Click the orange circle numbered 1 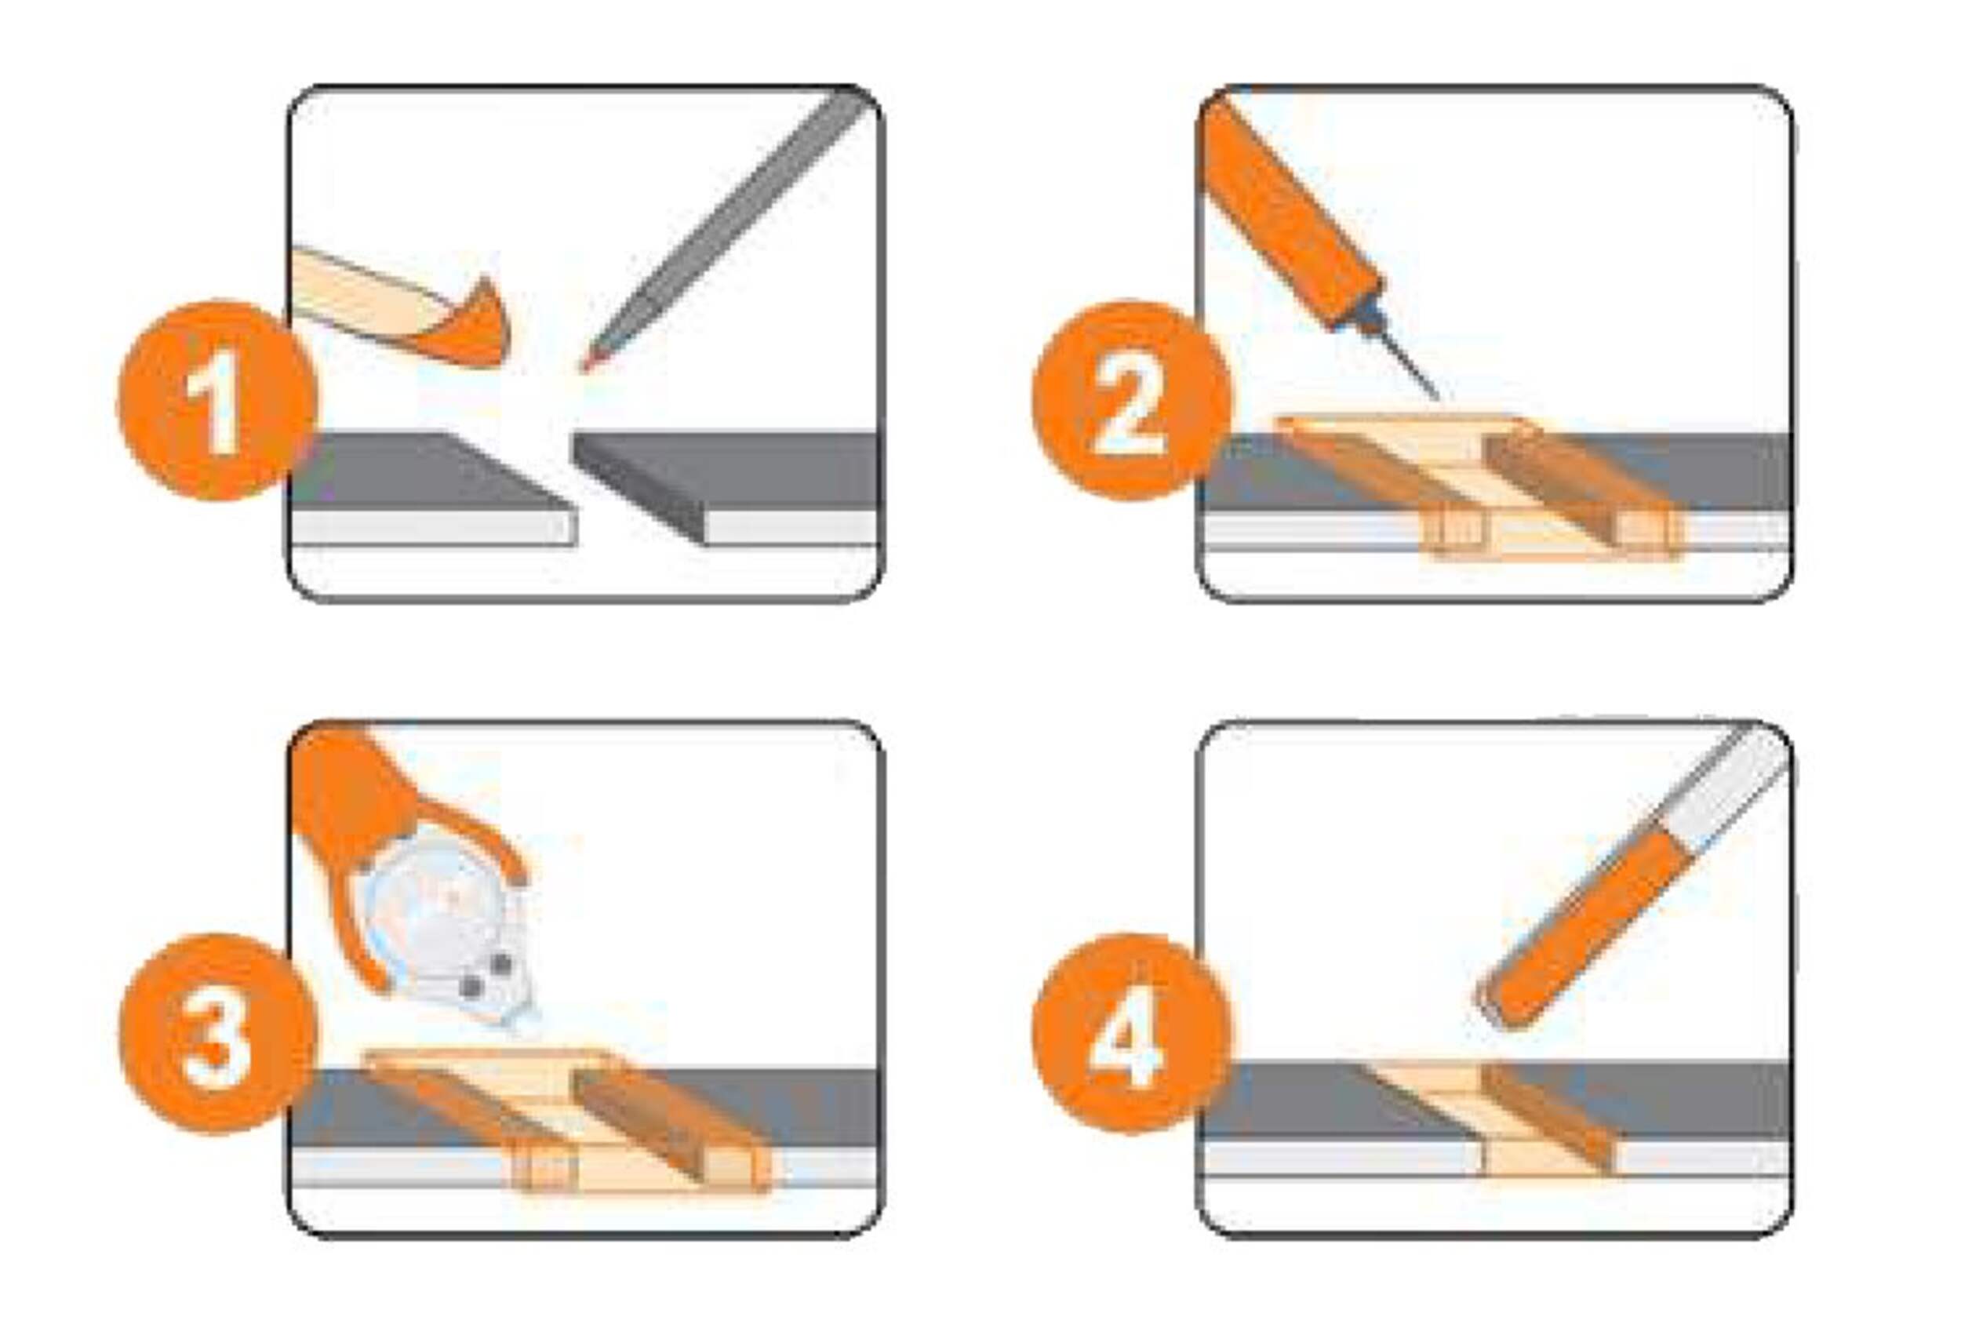tap(218, 399)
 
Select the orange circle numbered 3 tap(218, 1033)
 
